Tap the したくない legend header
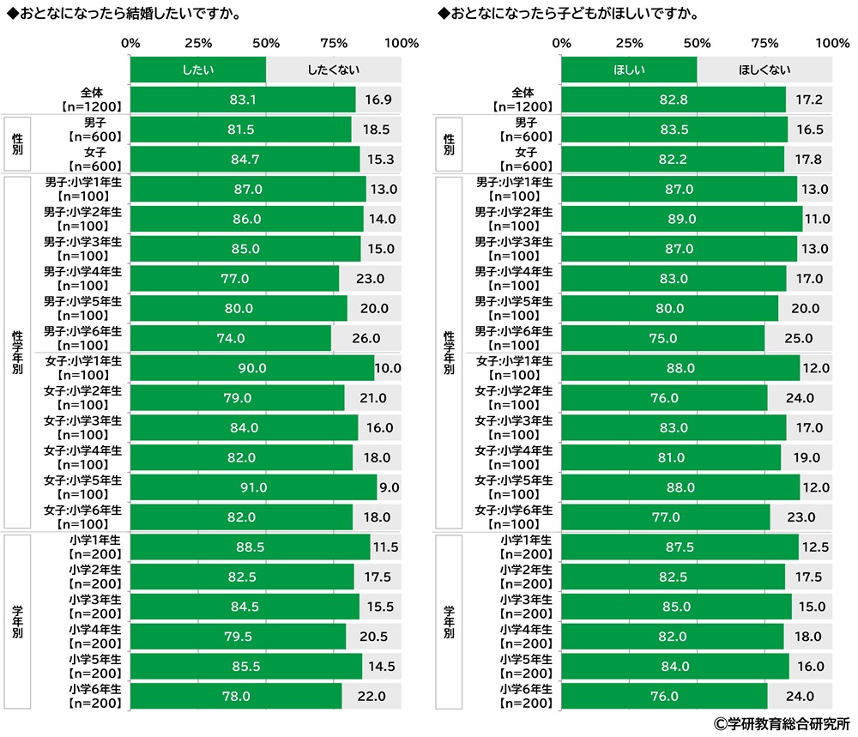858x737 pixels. (334, 69)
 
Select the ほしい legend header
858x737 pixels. (629, 69)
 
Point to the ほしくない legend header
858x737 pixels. (764, 69)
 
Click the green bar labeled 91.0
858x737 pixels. (253, 487)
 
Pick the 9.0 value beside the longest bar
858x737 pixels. (389, 487)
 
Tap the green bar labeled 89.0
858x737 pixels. (681, 219)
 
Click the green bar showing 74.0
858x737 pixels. (231, 338)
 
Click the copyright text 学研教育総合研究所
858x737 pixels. (781, 724)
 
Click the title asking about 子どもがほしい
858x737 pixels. (567, 15)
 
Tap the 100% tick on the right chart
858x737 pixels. (831, 43)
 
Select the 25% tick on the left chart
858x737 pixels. (198, 43)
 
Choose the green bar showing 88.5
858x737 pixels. (250, 547)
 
